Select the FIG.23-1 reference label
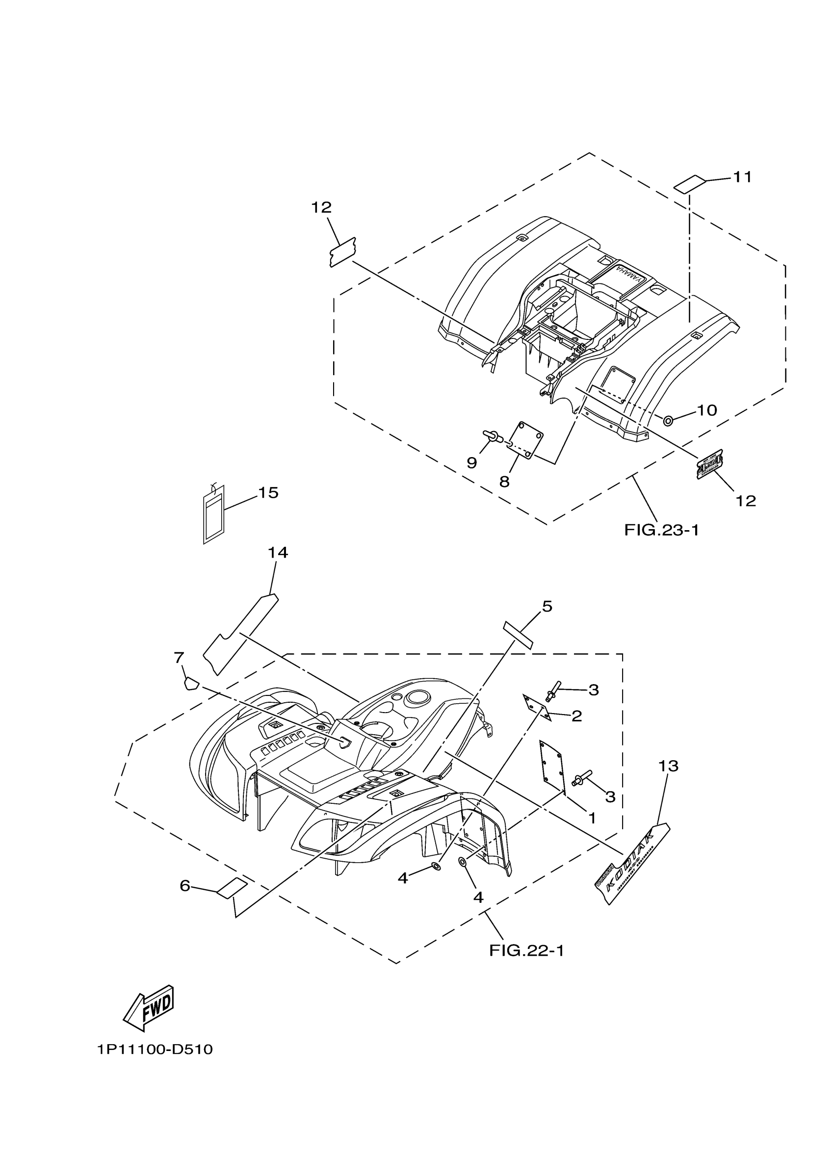tap(661, 530)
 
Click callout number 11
tap(742, 177)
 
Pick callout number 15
tap(268, 492)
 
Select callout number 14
tap(278, 553)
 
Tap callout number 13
tap(669, 766)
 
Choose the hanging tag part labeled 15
tap(213, 513)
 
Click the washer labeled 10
tap(669, 420)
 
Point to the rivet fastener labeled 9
tap(491, 435)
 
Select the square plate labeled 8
tap(525, 440)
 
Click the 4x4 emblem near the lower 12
tap(709, 464)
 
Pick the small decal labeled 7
tap(189, 683)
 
